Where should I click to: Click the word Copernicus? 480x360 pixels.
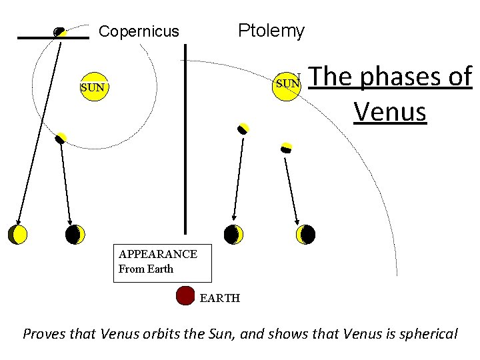139,31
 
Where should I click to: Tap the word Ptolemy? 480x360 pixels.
271,31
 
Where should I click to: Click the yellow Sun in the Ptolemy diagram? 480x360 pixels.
287,84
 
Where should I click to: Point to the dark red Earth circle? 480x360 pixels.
185,296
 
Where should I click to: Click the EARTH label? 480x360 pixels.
219,298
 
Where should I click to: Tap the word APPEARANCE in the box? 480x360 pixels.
157,254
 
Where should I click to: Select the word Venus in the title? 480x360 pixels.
390,111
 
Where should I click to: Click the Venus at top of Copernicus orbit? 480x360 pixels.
59,31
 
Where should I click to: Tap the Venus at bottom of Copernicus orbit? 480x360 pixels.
61,138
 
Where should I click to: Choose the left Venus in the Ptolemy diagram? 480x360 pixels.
243,129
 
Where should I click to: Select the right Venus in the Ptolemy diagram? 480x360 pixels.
287,147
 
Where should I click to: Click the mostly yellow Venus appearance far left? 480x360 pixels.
18,234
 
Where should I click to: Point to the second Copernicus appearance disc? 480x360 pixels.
75,234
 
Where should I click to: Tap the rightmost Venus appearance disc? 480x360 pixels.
306,234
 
